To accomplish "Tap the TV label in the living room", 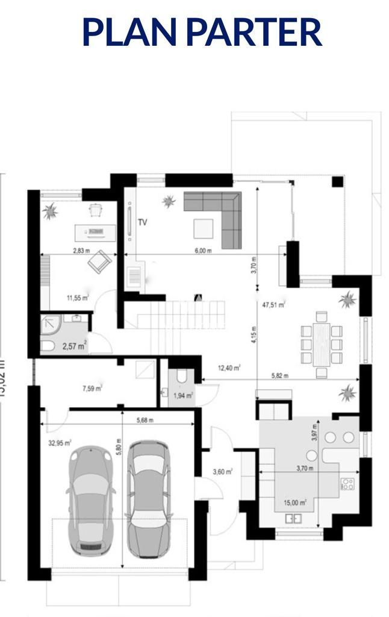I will pos(143,222).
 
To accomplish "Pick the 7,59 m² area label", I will pos(92,388).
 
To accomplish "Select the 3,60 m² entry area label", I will pos(223,471).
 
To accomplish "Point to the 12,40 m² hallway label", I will pos(229,367).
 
